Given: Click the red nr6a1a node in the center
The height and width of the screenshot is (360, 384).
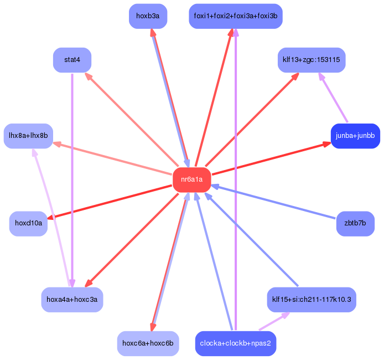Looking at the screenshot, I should tap(192, 179).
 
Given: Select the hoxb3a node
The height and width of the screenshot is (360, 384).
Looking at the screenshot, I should tap(148, 16).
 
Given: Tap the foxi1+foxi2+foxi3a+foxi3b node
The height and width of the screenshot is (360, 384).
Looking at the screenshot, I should tap(236, 16).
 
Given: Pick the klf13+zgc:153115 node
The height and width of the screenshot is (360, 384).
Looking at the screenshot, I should tap(312, 60).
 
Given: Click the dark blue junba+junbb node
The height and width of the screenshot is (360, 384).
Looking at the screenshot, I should tap(355, 136).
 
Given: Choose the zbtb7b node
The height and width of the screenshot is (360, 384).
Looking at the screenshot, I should tap(355, 224).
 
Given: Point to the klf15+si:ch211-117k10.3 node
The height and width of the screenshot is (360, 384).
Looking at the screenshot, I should tap(312, 300).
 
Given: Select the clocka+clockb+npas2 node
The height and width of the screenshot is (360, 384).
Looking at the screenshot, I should tap(236, 343).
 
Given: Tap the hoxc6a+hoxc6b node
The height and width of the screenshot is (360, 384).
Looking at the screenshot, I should tap(148, 343).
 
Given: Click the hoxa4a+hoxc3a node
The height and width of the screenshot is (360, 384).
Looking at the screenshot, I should tap(72, 300).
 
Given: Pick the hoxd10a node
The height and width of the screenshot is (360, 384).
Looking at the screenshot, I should tap(28, 224).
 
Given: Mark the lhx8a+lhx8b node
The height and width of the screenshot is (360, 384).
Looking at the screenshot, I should tap(28, 136).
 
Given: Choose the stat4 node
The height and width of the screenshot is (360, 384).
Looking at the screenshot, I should tap(72, 60).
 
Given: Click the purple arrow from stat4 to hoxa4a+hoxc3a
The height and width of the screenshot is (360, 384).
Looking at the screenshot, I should tap(72, 177).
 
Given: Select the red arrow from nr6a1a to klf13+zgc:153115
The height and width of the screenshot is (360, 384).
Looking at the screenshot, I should tap(252, 120).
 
